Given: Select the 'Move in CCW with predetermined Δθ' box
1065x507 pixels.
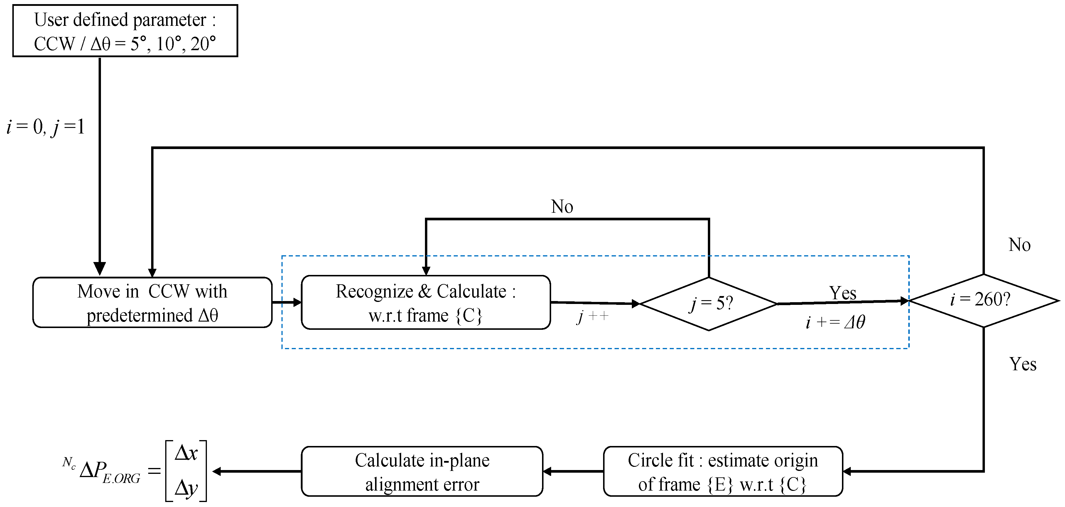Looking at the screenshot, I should (x=152, y=303).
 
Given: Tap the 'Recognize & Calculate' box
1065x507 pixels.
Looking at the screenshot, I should (x=426, y=303).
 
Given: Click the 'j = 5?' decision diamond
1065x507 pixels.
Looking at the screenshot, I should (x=709, y=304).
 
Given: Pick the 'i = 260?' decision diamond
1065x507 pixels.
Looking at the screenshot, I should (x=983, y=300).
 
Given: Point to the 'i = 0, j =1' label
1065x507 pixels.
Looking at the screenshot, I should (x=45, y=127).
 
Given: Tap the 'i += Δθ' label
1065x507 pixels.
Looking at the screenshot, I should (x=835, y=322).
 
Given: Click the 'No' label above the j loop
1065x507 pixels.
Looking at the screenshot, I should (x=562, y=207).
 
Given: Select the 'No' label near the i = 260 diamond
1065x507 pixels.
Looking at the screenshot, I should (x=1019, y=245).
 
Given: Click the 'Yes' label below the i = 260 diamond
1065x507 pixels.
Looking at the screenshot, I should (x=1022, y=364).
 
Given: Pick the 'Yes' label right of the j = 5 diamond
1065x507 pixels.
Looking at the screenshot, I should (x=842, y=293).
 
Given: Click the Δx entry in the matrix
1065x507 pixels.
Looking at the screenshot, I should (x=186, y=453).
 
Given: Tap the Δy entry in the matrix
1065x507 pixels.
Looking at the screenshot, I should (x=186, y=488).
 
